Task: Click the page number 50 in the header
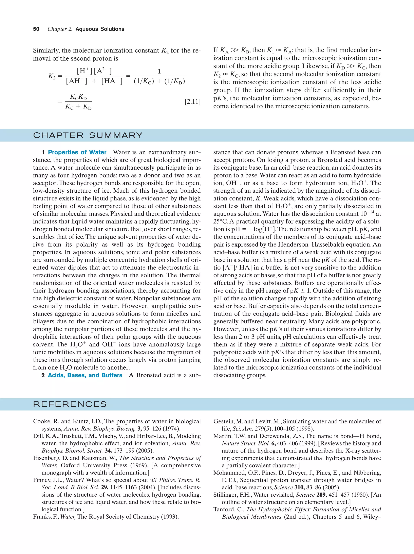36,29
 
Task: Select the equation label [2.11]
193,102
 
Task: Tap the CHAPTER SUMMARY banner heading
88,135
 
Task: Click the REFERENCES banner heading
70,404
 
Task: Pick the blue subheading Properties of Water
77,152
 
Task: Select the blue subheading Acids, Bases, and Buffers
85,375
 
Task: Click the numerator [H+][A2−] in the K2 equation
94,71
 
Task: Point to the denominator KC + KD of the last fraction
78,107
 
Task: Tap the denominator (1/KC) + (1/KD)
159,81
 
